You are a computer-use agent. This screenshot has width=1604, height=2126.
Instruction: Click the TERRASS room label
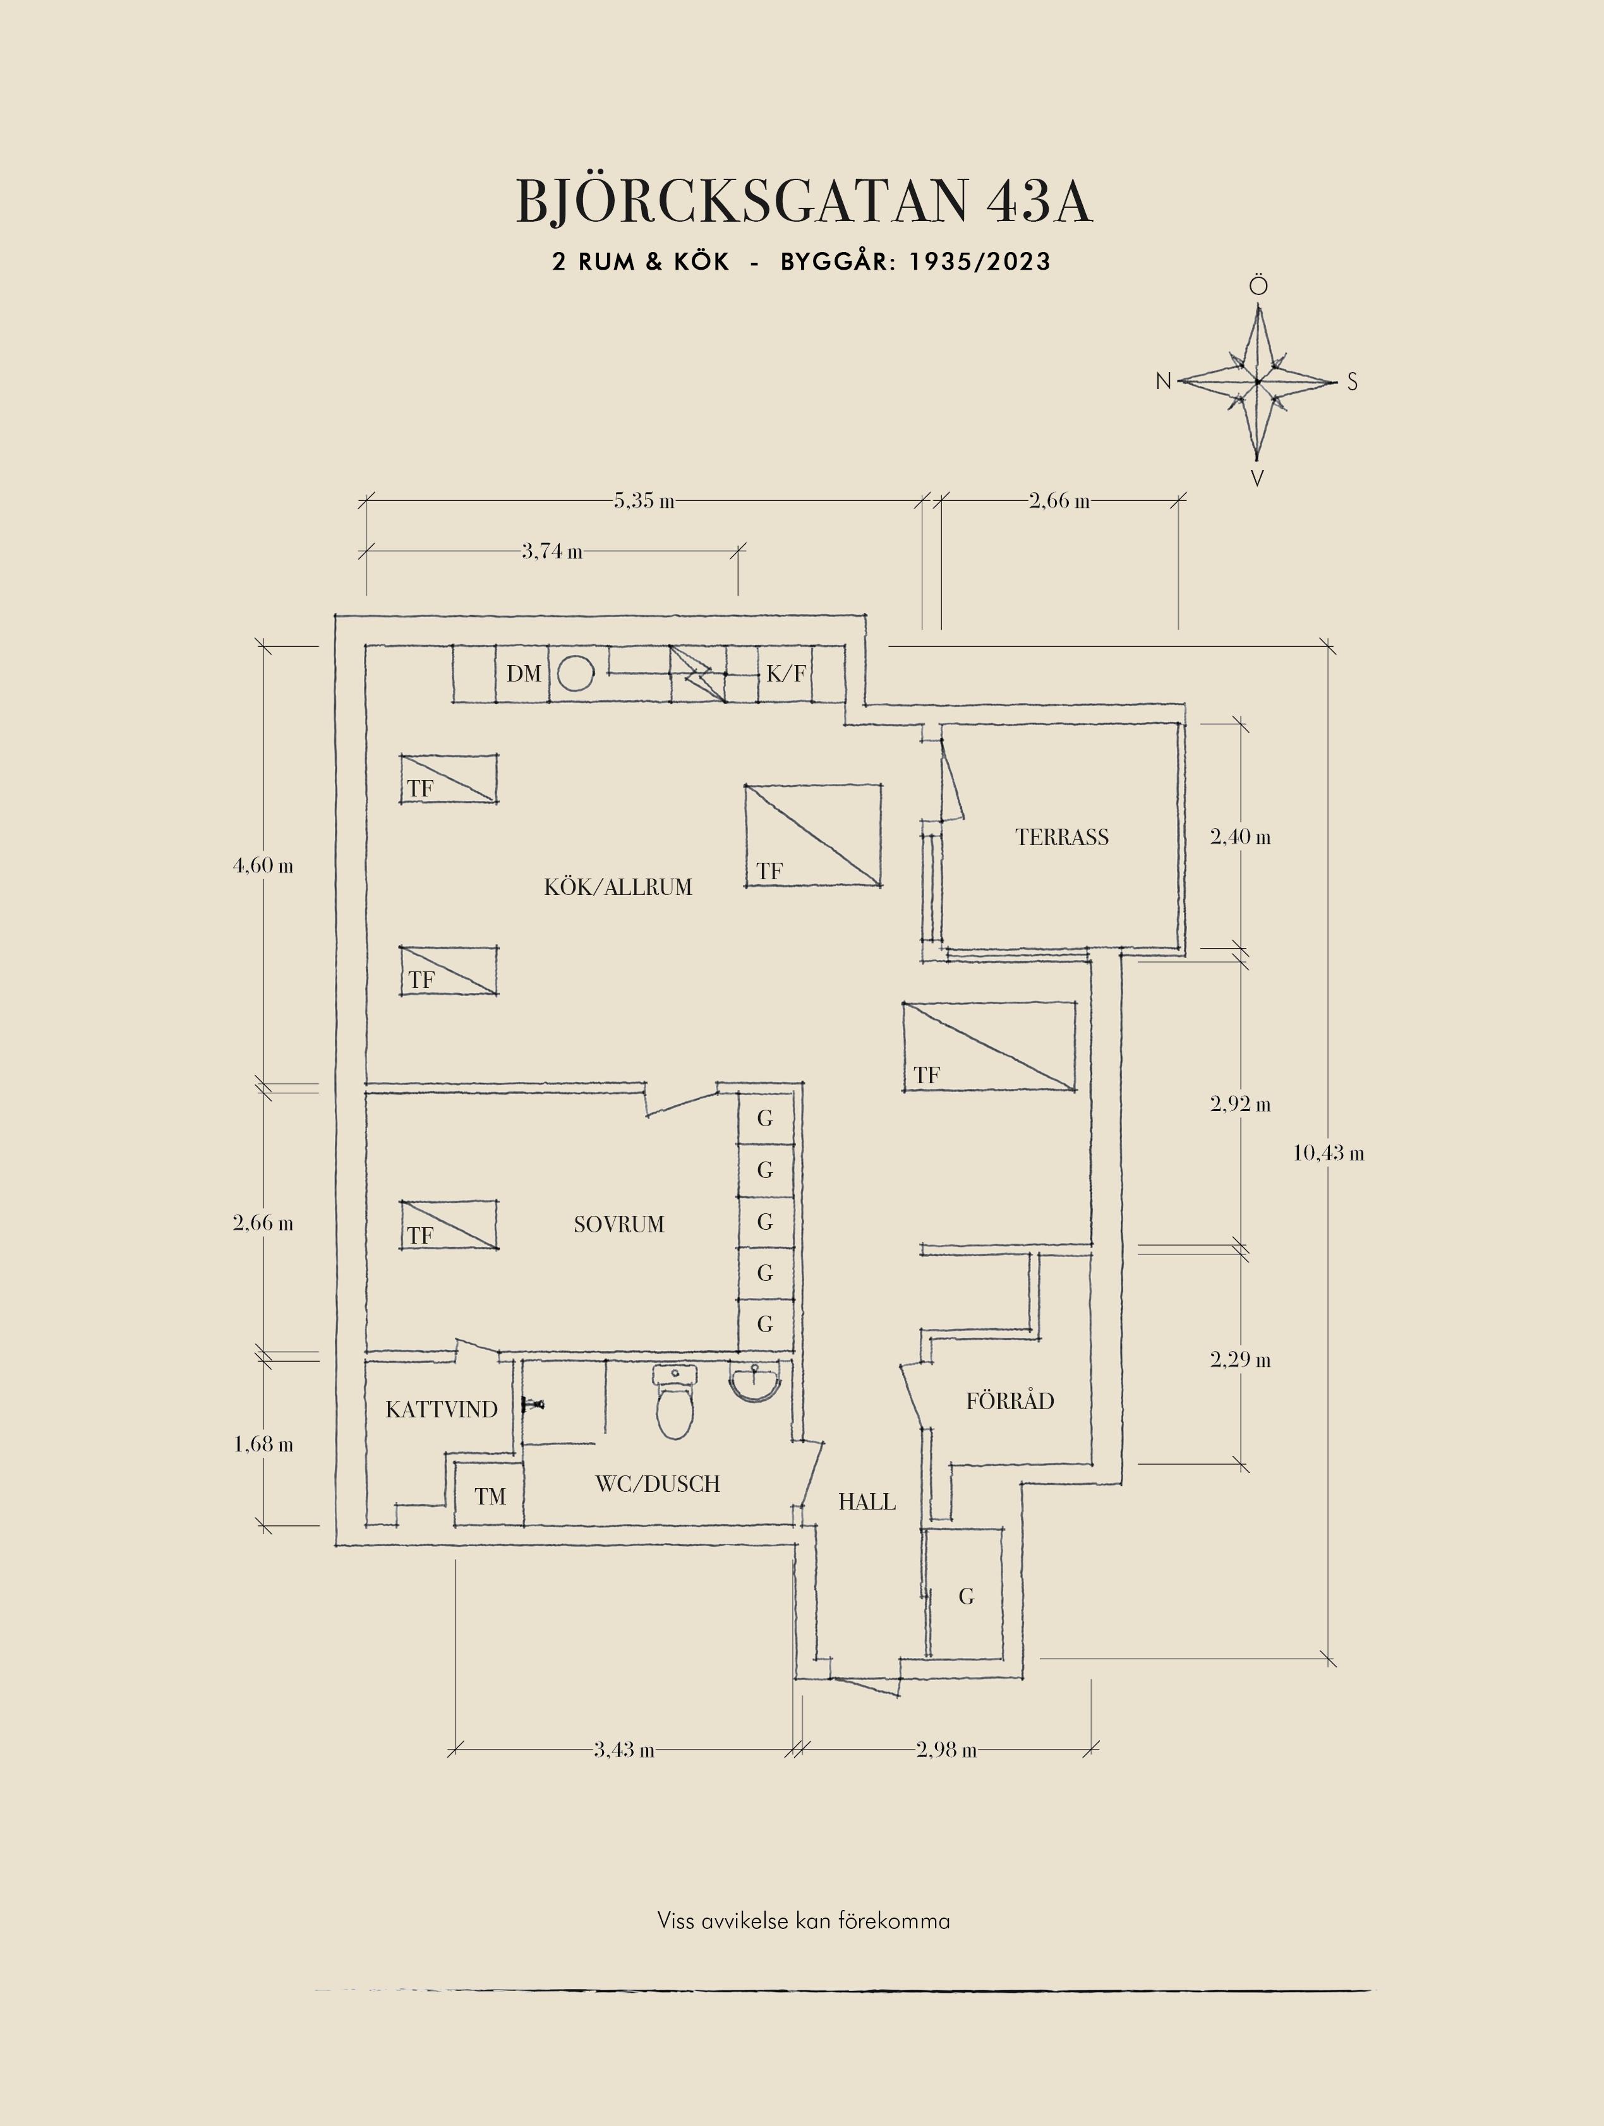tap(1062, 837)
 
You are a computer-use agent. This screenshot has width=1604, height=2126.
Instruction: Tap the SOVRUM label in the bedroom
tap(619, 1225)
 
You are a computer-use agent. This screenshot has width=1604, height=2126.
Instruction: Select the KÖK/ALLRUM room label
tap(618, 887)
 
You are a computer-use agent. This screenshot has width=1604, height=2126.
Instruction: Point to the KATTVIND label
tap(441, 1410)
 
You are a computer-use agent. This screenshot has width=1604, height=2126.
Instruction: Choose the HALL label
tap(867, 1502)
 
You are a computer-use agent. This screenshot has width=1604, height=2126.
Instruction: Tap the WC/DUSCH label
tap(658, 1484)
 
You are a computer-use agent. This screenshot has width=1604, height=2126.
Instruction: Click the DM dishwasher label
tap(524, 674)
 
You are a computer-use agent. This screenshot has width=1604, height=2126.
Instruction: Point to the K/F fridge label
tap(786, 674)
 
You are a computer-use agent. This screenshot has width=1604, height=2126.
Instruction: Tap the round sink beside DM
tap(576, 674)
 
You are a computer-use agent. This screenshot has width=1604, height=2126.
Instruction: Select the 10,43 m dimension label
tap(1328, 1153)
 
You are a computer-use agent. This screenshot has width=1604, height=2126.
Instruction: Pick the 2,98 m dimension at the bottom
tap(946, 1750)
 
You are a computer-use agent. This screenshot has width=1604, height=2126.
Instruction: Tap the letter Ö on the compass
tap(1258, 285)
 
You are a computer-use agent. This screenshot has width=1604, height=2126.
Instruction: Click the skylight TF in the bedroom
tap(449, 1225)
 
